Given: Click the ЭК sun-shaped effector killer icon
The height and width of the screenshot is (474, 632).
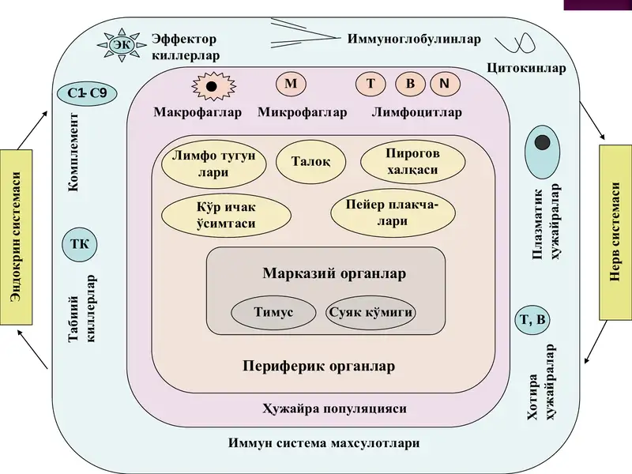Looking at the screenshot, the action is click(122, 45).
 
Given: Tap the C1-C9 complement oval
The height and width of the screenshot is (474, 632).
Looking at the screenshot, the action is click(87, 93).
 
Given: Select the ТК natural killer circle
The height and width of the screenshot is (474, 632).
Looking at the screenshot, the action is click(80, 244).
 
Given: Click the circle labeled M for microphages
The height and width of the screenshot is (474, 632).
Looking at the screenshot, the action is click(291, 84).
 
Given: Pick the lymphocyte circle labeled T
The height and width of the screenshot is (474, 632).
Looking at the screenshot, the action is click(371, 84).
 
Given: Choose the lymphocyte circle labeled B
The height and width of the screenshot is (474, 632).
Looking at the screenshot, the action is click(410, 84).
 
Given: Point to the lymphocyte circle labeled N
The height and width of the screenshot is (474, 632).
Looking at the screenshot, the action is click(445, 84).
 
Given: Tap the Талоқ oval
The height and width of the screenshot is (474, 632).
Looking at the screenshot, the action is click(310, 162).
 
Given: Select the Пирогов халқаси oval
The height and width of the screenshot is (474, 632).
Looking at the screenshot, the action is click(412, 162).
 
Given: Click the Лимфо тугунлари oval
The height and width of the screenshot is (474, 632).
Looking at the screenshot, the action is click(213, 164).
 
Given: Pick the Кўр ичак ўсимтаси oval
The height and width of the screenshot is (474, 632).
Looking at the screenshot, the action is click(226, 215).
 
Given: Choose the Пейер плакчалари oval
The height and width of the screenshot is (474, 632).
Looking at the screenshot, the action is click(393, 213).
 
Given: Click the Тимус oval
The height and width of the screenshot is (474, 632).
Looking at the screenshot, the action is click(273, 312).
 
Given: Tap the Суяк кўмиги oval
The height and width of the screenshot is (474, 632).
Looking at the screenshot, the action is click(371, 312).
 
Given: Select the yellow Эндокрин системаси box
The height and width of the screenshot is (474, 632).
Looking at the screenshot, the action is click(16, 237).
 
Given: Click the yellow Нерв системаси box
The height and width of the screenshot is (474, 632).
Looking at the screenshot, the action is click(615, 232).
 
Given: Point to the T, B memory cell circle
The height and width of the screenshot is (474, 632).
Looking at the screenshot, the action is click(532, 320).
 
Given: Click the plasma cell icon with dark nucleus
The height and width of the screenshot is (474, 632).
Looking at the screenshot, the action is click(542, 152).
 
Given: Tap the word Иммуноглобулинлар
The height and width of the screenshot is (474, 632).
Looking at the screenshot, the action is click(414, 39).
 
